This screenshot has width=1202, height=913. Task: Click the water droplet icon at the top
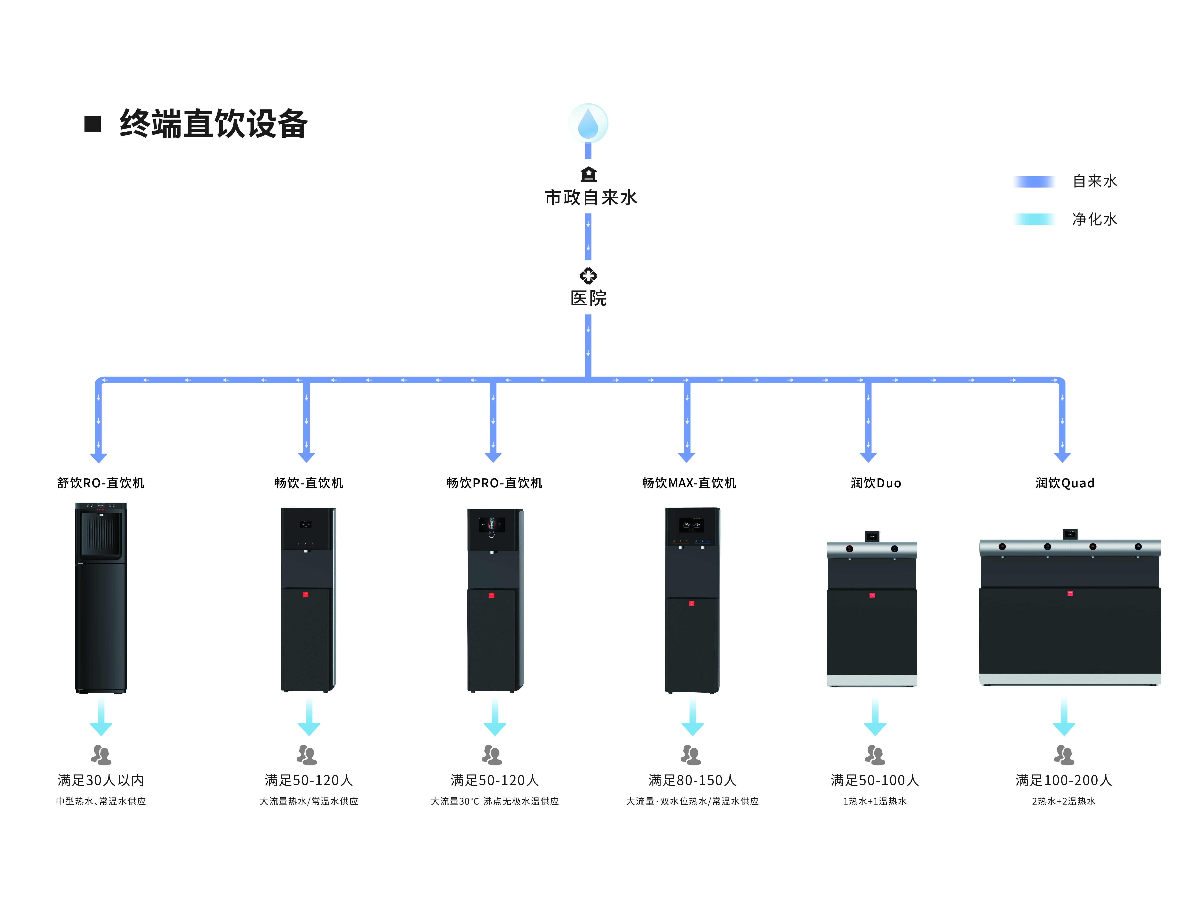[588, 123]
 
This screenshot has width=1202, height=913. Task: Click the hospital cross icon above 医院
[588, 276]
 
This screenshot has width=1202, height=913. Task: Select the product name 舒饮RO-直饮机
[101, 483]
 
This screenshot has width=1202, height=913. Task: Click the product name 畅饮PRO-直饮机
[494, 483]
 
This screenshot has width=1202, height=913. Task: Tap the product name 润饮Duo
[876, 483]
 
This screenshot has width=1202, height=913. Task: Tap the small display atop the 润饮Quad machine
[1070, 534]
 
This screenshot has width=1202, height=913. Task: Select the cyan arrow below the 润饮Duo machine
[875, 717]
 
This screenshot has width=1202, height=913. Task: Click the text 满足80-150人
[692, 780]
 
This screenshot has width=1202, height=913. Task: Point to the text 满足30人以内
[101, 780]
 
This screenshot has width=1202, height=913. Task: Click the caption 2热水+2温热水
[1064, 801]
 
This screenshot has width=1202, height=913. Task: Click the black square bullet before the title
[93, 124]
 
